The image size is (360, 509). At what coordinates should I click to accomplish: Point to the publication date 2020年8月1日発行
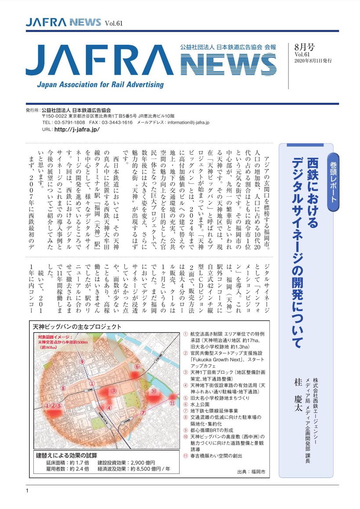point(313,61)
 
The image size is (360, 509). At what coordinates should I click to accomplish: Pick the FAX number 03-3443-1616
point(117,123)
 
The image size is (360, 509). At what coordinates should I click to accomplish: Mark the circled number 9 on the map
point(82,361)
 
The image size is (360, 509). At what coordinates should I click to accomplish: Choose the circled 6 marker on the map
point(137,366)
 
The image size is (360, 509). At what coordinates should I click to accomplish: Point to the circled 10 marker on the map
point(154,391)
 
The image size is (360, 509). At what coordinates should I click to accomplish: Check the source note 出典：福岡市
point(251,472)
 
